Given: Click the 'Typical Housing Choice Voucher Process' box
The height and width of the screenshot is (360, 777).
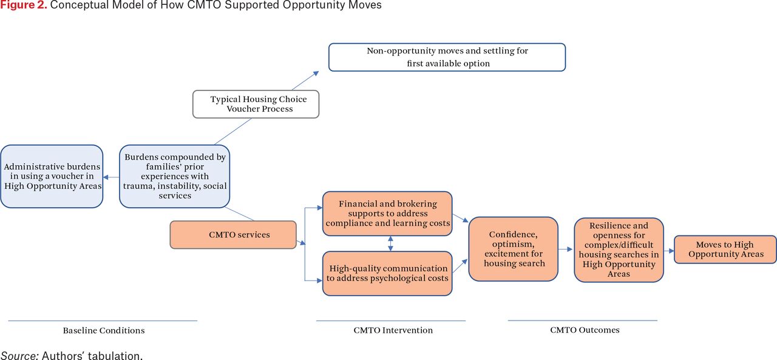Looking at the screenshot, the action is point(256,104).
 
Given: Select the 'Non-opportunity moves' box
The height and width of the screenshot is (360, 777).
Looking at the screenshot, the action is point(447,57).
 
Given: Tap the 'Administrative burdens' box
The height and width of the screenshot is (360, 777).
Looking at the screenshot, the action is point(52,176).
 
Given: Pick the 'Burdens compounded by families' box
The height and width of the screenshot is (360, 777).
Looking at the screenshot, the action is point(174,176).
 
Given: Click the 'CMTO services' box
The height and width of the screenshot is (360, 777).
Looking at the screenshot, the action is point(233,235).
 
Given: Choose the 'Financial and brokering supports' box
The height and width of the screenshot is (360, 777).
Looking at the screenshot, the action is point(387,214).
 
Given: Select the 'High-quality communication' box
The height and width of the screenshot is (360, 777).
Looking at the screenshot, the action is point(387,273).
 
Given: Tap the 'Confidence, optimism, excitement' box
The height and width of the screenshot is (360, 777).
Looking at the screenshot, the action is point(514,249).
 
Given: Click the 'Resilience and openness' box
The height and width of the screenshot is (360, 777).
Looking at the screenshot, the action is point(619,250).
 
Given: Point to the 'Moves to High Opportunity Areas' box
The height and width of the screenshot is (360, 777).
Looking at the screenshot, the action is point(725,250).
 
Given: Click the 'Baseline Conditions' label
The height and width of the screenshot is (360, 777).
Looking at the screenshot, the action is point(104,330).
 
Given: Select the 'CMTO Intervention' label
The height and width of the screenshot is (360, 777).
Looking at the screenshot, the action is point(393,330).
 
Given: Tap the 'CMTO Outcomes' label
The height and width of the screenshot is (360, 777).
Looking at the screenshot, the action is point(585,330).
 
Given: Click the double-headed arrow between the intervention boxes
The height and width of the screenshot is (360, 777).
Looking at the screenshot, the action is point(390,243).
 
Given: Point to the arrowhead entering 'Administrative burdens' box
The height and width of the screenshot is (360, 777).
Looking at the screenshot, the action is point(106,177).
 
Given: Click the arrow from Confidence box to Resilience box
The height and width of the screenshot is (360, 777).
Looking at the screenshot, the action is point(565,249).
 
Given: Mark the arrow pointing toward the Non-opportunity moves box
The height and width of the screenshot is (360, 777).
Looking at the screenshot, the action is point(305,81).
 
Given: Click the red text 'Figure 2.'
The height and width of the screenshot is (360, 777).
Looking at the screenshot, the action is point(24,5).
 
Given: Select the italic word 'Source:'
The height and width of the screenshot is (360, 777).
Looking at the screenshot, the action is point(19,356).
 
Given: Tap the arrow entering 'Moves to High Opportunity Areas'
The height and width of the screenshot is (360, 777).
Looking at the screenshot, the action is point(669,250).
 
